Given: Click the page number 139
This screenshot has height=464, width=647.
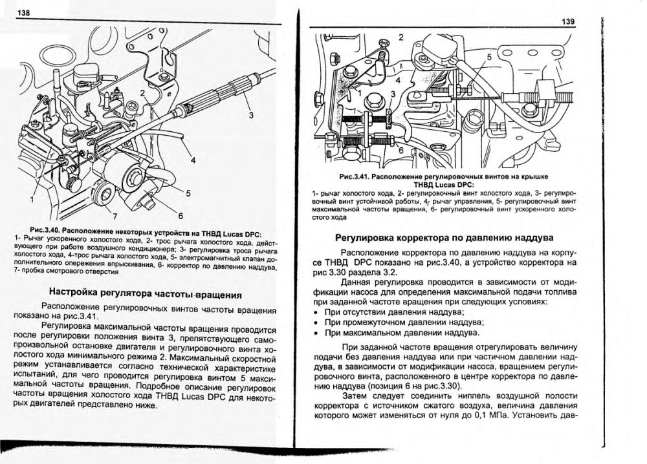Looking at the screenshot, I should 569,22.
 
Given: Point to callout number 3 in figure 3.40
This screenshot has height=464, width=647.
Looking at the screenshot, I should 252,117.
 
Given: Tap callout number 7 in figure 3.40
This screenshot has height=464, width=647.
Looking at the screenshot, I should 115,215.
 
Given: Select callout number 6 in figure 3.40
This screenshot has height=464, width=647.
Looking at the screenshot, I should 181,216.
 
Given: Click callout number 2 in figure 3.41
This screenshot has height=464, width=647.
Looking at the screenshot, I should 400,37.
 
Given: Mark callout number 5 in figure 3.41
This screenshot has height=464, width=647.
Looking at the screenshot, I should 488,57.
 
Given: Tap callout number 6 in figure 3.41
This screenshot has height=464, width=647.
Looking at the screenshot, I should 400,151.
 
